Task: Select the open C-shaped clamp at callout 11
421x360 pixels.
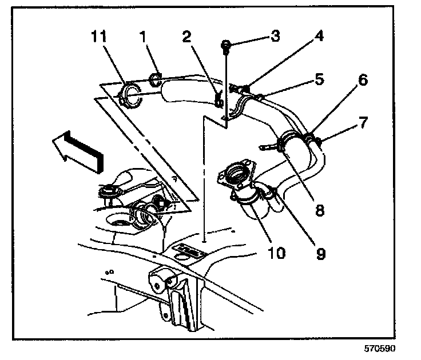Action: [132, 95]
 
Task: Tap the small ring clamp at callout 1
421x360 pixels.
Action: [154, 78]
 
